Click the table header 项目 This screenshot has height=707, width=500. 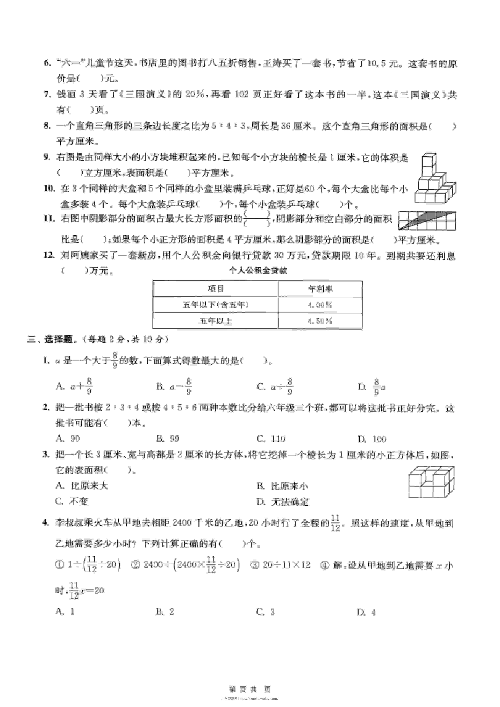pyautogui.click(x=216, y=289)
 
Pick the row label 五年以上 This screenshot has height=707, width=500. pyautogui.click(x=216, y=321)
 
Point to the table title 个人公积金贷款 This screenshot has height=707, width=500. pyautogui.click(x=258, y=270)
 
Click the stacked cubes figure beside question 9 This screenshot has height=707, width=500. pyautogui.click(x=435, y=178)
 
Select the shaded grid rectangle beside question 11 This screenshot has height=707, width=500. pyautogui.click(x=427, y=220)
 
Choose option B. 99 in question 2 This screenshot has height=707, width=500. pyautogui.click(x=168, y=439)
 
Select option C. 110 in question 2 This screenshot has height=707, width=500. pyautogui.click(x=271, y=439)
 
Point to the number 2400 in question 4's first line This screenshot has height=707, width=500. pyautogui.click(x=182, y=523)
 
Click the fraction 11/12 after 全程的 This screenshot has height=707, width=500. pyautogui.click(x=335, y=523)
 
